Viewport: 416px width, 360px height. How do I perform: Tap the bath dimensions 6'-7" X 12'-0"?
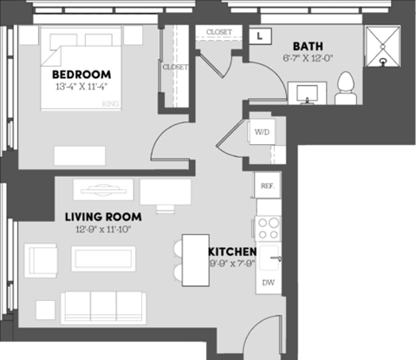pos(309,58)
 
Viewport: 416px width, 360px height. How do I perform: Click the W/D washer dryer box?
pos(261,132)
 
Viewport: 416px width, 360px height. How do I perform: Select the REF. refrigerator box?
pos(266,186)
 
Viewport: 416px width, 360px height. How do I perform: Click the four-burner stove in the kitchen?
pos(268,228)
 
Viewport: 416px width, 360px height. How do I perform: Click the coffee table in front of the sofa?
pos(104,259)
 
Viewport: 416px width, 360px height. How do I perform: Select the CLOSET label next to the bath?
pos(219,32)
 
